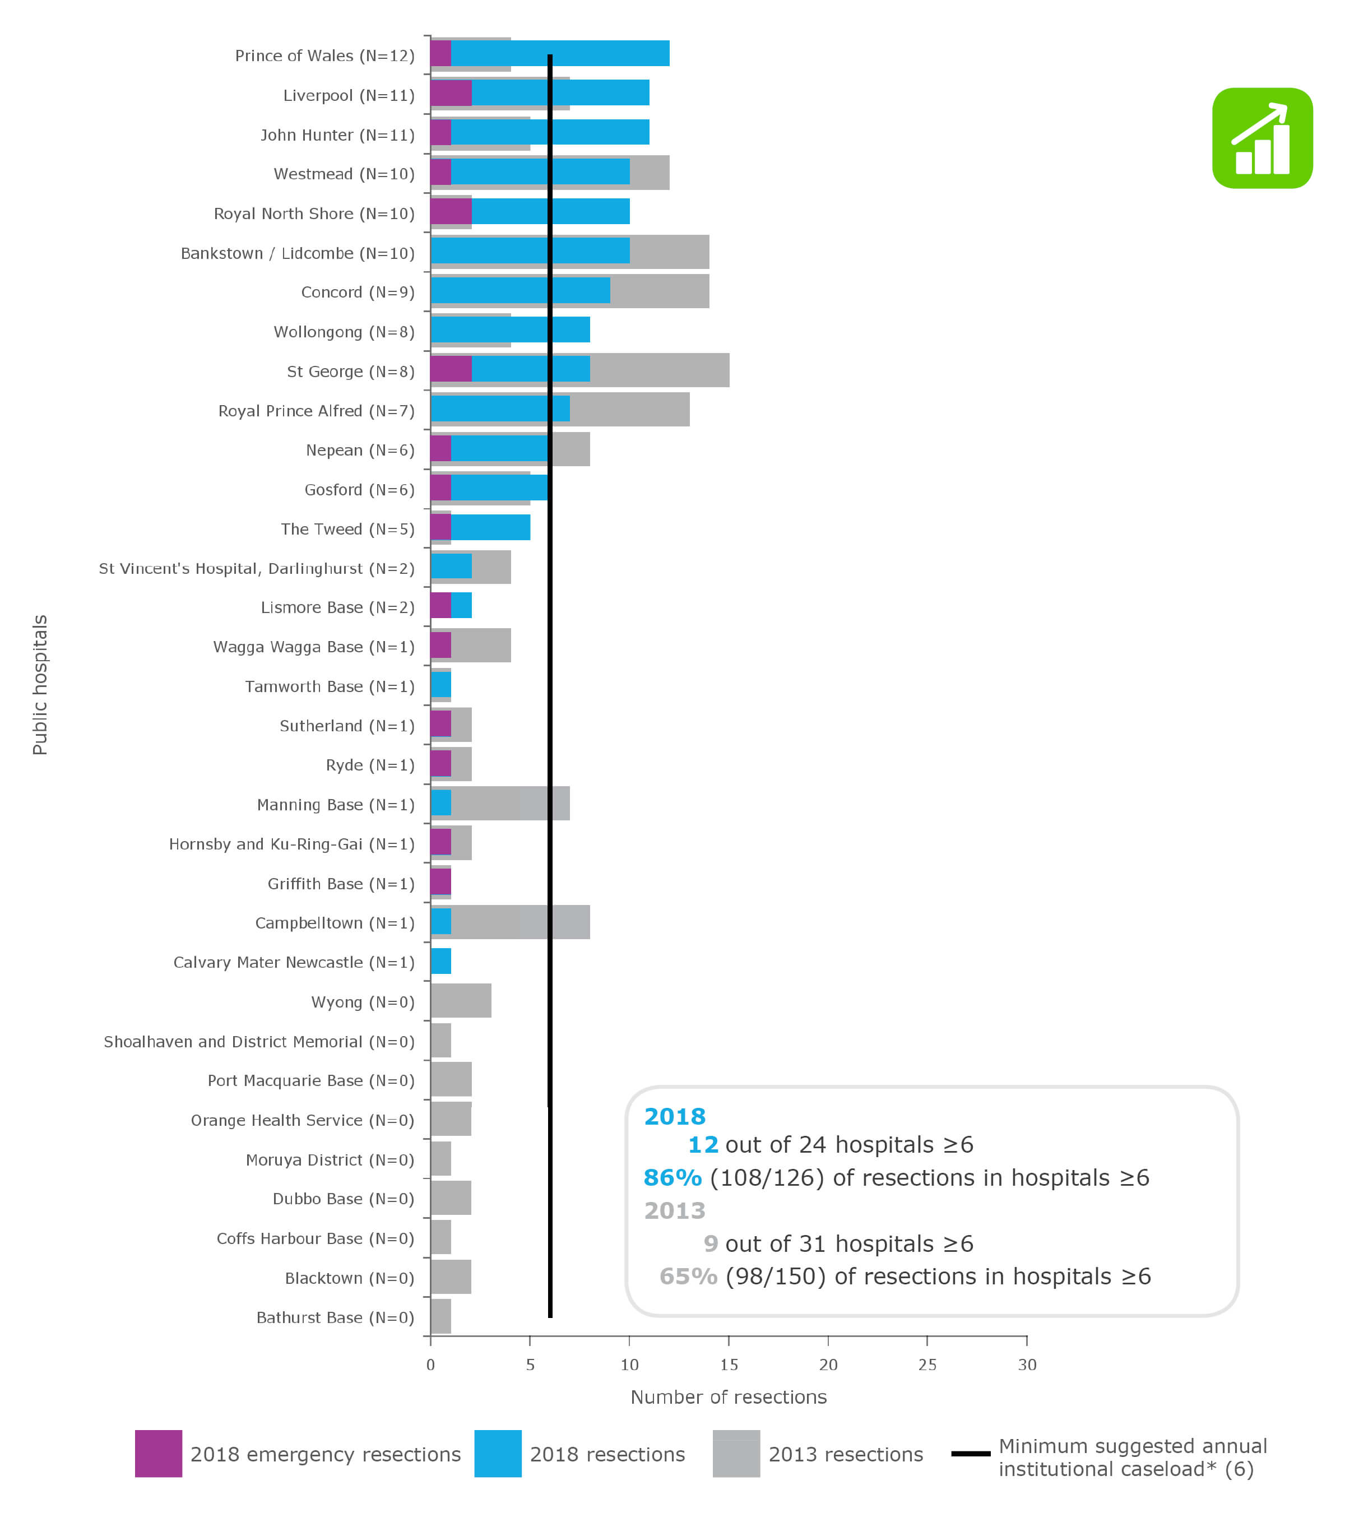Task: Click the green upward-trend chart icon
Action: [x=1261, y=138]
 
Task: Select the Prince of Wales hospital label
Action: [x=324, y=56]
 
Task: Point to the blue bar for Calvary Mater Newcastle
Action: [x=440, y=961]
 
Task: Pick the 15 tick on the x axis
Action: [x=729, y=1364]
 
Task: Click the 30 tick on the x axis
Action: [x=1027, y=1364]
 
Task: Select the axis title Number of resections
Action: [x=729, y=1397]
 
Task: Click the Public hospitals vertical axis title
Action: [x=40, y=685]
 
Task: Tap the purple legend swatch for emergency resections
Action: [x=159, y=1454]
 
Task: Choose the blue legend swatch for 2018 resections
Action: [x=498, y=1454]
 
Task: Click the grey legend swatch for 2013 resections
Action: [x=736, y=1454]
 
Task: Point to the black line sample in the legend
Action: [x=971, y=1454]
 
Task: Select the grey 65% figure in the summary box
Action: [x=688, y=1276]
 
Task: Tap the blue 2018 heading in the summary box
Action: [x=674, y=1116]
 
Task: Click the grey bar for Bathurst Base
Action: [x=440, y=1316]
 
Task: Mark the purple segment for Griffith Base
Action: [x=440, y=881]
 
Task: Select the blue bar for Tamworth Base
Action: [x=440, y=685]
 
